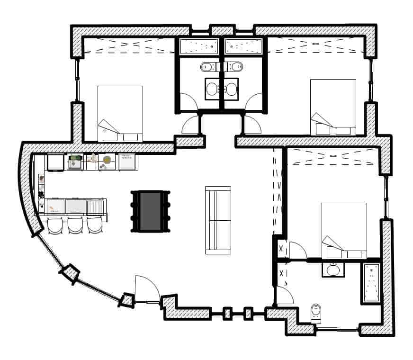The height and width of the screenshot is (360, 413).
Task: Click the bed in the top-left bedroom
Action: coord(120,114)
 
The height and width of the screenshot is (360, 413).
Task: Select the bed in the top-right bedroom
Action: coord(332,107)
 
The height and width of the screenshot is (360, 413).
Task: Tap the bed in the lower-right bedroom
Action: coord(344,230)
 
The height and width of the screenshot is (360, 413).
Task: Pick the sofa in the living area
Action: coord(218,220)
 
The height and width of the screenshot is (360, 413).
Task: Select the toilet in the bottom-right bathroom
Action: coord(316,313)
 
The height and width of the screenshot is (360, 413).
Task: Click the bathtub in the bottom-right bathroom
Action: coord(372,283)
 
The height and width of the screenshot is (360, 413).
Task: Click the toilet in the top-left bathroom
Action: coord(207,67)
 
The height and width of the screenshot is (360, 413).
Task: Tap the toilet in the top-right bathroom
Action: coord(234,67)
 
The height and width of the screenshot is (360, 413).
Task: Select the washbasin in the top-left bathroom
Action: coord(212,89)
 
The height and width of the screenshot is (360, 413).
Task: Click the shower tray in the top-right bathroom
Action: coord(243,46)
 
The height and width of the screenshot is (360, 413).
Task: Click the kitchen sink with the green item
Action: coord(75,162)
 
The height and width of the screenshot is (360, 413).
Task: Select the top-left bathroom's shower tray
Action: coord(198,46)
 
